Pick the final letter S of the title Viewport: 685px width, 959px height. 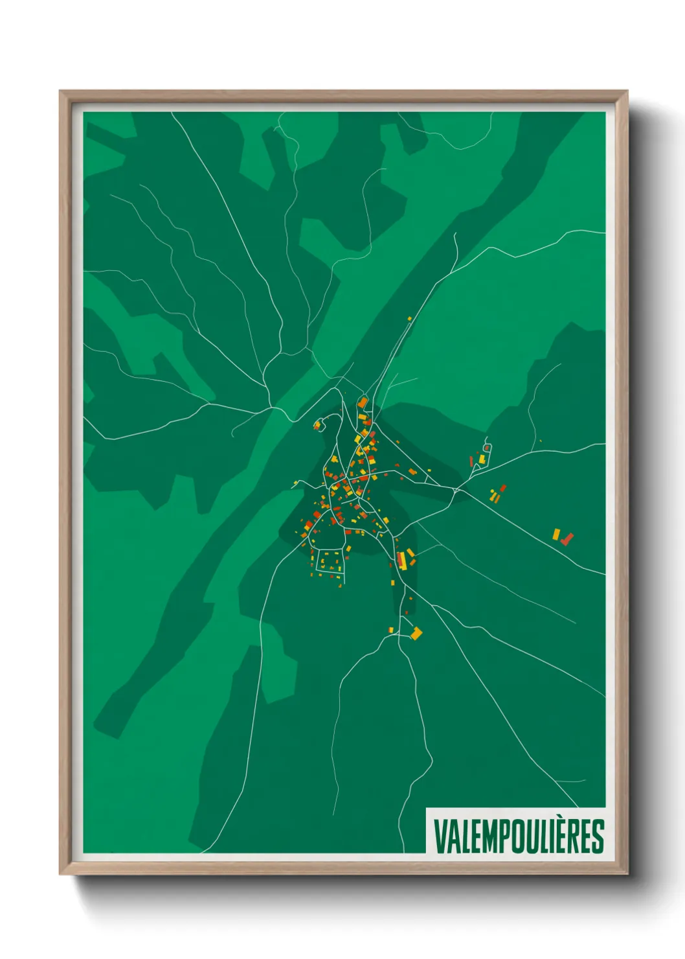(x=598, y=837)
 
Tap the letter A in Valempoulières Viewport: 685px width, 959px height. (x=451, y=837)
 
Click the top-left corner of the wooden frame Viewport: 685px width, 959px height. (x=61, y=92)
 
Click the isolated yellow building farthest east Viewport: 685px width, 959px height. (x=556, y=534)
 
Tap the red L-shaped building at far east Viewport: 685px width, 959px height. (x=567, y=538)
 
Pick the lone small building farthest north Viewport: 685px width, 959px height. (x=409, y=318)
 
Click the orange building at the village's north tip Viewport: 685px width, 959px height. (x=362, y=403)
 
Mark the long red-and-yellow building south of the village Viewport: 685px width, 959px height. (x=402, y=560)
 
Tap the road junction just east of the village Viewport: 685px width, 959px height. (x=456, y=491)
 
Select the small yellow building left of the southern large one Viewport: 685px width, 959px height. (x=390, y=629)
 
